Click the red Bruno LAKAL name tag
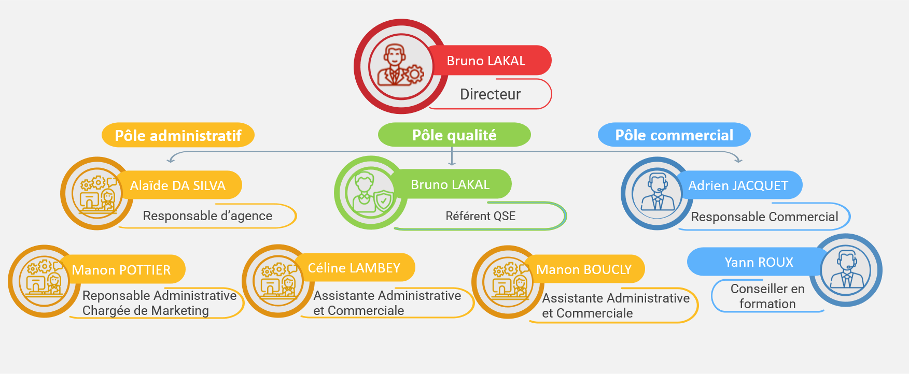(487, 61)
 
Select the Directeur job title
(491, 94)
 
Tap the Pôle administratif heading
(178, 135)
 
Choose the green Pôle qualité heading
(454, 135)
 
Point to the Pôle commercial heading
(674, 135)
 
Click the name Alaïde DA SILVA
(178, 185)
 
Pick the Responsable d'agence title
(207, 216)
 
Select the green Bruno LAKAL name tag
(450, 184)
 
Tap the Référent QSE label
(481, 216)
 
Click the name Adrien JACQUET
(738, 185)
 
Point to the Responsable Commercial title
(764, 217)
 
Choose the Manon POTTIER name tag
(121, 269)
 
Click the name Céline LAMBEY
(354, 268)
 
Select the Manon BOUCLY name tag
(584, 269)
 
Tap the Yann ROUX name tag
(758, 262)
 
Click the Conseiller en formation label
(767, 296)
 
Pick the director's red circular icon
(401, 67)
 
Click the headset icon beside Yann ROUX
(846, 270)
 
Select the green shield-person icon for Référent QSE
(371, 193)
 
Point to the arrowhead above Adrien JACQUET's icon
(738, 160)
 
